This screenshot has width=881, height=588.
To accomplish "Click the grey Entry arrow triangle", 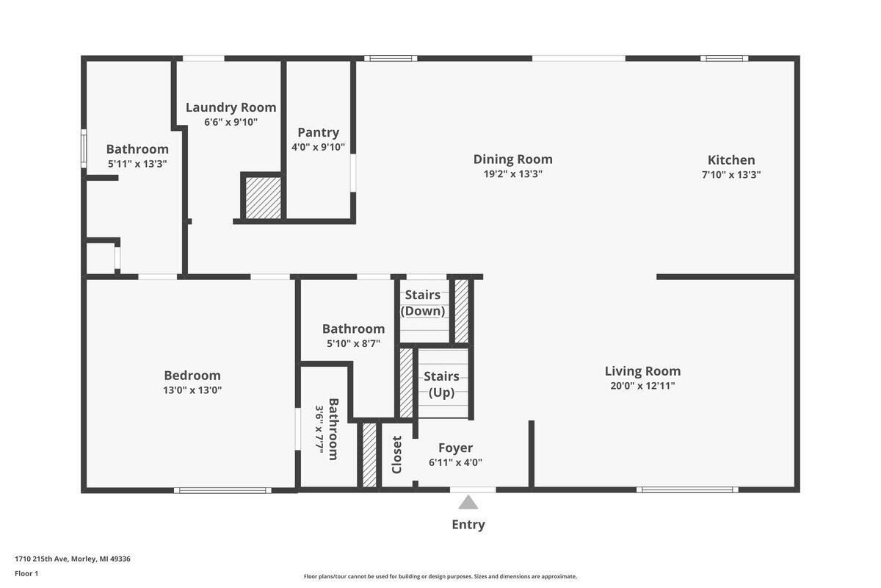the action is click(468, 503).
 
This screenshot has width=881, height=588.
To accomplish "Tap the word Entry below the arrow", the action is click(468, 525).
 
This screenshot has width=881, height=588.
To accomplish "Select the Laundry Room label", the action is click(231, 107).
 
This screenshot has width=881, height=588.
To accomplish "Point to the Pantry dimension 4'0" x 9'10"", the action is click(318, 147).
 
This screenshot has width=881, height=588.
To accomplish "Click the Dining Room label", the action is click(513, 159).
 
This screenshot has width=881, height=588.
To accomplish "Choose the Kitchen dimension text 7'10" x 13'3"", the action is click(731, 174).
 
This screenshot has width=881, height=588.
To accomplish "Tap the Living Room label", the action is click(642, 371).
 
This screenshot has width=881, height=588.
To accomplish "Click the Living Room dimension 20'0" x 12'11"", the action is click(642, 386).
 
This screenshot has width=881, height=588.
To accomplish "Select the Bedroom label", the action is click(192, 376).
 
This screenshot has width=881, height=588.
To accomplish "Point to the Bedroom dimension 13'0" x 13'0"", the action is click(192, 390).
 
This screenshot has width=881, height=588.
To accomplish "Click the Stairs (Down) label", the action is click(423, 303).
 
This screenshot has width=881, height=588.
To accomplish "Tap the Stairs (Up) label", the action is click(441, 384).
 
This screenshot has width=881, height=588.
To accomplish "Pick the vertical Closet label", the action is click(396, 454).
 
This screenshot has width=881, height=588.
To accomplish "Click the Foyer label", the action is click(455, 448).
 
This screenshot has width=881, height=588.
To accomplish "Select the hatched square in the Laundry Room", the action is click(263, 198).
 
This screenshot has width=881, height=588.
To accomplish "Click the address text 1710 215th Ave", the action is click(41, 559).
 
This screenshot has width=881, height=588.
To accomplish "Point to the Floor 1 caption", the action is click(26, 573).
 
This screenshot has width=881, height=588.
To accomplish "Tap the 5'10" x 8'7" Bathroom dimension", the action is click(353, 343).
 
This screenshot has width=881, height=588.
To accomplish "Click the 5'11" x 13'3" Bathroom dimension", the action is click(137, 163).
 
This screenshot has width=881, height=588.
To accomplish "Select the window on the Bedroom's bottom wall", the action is click(222, 490).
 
